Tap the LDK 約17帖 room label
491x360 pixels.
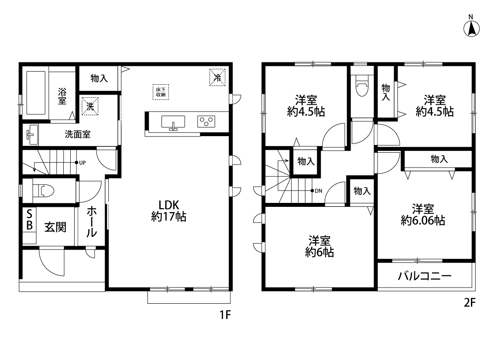(169, 211)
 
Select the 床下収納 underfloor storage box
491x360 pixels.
(161, 92)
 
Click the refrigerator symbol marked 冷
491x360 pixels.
(217, 77)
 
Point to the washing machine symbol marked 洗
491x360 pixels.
(90, 106)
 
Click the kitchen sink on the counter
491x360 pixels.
(173, 122)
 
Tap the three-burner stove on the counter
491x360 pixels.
(206, 121)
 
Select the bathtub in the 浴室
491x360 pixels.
(36, 93)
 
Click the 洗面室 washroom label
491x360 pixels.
(78, 134)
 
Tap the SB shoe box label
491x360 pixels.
(29, 220)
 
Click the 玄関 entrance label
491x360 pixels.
(55, 227)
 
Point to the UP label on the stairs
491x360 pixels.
(82, 163)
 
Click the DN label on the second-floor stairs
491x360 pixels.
(319, 191)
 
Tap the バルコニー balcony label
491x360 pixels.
(425, 276)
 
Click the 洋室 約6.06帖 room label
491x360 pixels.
(423, 214)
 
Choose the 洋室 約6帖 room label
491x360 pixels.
(319, 247)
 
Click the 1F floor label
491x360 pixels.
(225, 315)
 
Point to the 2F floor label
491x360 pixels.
(469, 302)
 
